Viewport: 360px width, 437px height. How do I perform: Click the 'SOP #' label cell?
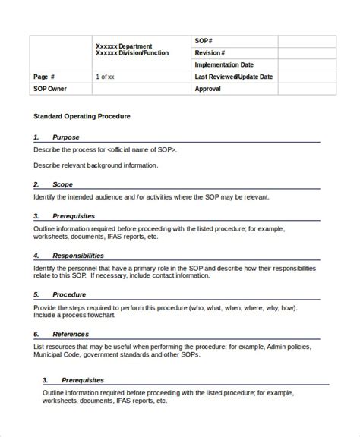tap(203, 40)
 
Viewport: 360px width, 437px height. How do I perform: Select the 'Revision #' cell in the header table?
tap(210, 53)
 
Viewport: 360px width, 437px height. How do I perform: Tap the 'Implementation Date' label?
tap(224, 65)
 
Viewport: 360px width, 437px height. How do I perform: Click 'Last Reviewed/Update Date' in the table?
tap(233, 77)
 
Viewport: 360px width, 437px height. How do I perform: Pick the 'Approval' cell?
tap(207, 89)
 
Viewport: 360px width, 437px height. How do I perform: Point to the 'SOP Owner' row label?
tap(50, 89)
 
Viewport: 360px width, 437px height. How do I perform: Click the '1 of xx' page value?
tap(106, 77)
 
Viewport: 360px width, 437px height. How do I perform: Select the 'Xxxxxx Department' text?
tap(124, 46)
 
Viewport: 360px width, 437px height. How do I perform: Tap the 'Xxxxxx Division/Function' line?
tap(132, 53)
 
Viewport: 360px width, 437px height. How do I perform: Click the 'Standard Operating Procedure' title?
tap(82, 116)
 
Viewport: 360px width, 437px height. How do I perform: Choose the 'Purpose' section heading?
tap(65, 137)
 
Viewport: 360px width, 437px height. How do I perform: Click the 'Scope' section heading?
tap(62, 184)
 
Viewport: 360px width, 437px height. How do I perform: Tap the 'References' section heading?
tap(70, 334)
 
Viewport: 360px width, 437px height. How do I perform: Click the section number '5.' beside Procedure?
tap(36, 294)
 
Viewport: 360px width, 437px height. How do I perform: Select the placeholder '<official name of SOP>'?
tap(142, 149)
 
